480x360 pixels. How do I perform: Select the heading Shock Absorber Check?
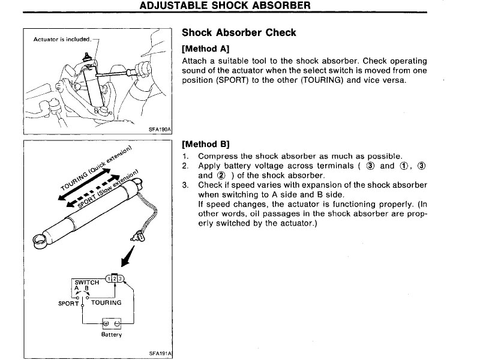pos(239,33)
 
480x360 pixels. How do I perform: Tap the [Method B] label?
pos(205,144)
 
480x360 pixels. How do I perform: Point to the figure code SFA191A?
pos(160,353)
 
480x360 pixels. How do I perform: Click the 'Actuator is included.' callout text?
pos(62,40)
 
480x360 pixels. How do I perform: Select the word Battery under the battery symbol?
pos(111,334)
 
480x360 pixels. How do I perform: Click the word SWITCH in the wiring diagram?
pos(86,281)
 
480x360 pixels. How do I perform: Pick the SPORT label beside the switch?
pos(68,303)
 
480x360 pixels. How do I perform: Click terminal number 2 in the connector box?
pos(115,277)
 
